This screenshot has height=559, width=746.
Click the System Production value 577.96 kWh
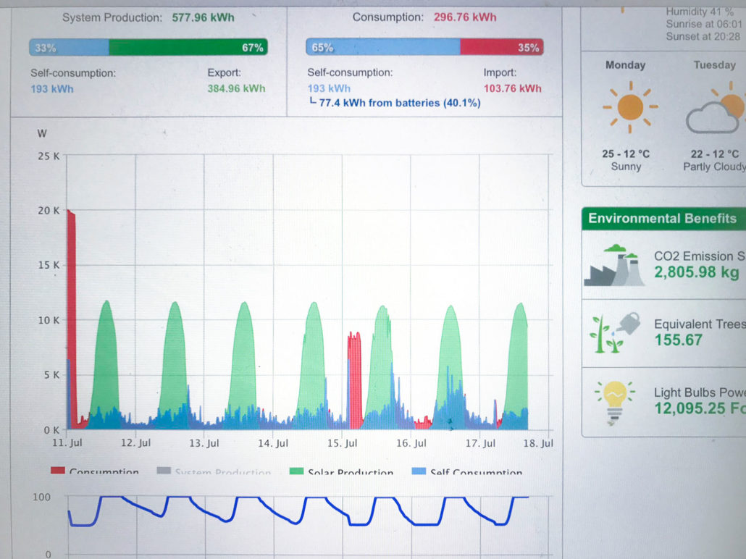[x=203, y=17]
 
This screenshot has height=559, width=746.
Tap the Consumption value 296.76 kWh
[x=465, y=17]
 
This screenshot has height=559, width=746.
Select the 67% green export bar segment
[x=188, y=48]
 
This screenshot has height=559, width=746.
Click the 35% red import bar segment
[x=501, y=48]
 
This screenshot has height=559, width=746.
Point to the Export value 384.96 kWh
[x=236, y=89]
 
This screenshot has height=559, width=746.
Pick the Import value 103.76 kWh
[x=512, y=89]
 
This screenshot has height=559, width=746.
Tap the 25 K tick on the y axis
[x=50, y=156]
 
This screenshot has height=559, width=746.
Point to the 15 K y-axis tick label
[x=50, y=266]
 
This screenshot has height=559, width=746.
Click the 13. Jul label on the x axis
[x=204, y=444]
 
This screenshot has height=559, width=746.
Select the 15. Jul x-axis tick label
[x=342, y=444]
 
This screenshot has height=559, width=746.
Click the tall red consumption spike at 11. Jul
[x=71, y=311]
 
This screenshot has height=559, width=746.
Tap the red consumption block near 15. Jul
[x=354, y=377]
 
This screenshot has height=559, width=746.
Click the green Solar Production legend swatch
[x=296, y=471]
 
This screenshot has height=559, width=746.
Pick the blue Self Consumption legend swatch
[x=418, y=471]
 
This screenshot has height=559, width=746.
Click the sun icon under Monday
[x=629, y=107]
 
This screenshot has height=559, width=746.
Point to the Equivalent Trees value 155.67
[x=678, y=340]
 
